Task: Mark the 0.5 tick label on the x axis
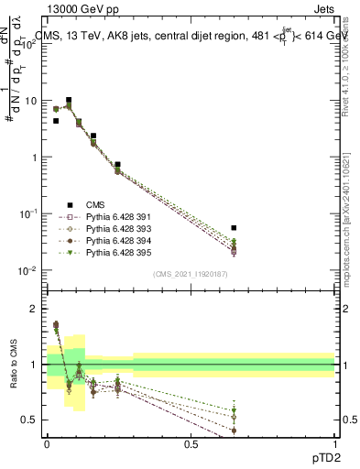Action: coord(191,443)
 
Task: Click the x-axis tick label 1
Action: coord(334,443)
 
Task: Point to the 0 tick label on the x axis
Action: coord(47,443)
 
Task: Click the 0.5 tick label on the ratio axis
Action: coord(31,420)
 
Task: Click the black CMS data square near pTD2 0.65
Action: coord(234,227)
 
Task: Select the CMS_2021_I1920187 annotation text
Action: coord(191,274)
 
